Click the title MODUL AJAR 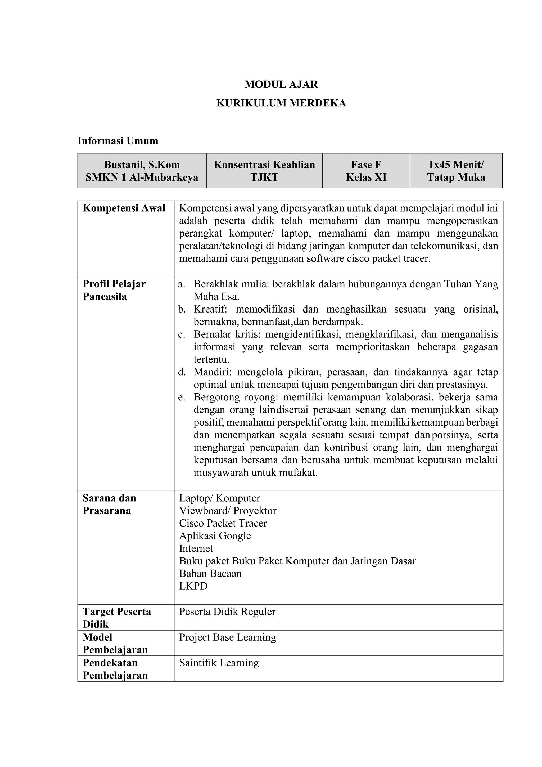[281, 84]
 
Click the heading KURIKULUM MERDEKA [281, 103]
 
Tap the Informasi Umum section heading [118, 141]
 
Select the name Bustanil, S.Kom [142, 165]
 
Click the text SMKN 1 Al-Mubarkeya [142, 177]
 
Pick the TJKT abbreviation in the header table [264, 177]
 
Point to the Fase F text [366, 165]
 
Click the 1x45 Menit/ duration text [456, 165]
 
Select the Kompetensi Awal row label [124, 208]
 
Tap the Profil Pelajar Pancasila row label [114, 290]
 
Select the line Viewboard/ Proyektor [228, 510]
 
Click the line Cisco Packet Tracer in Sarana [223, 523]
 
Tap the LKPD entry [193, 586]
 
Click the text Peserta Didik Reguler [227, 612]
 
